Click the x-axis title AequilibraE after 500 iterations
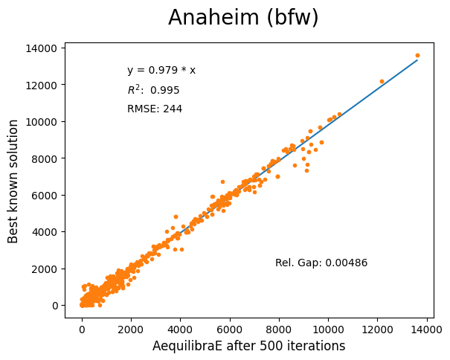(x=248, y=346)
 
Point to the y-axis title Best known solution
(x=13, y=181)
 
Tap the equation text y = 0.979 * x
(x=161, y=71)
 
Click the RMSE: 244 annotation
(x=155, y=109)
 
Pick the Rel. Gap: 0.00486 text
(x=321, y=263)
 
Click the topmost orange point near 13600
(x=417, y=55)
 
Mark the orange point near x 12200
(x=382, y=81)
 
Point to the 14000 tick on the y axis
(x=42, y=48)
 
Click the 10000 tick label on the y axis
(x=42, y=122)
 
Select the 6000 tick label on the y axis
(x=45, y=195)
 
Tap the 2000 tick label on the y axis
(x=45, y=269)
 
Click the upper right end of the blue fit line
(x=417, y=60)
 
